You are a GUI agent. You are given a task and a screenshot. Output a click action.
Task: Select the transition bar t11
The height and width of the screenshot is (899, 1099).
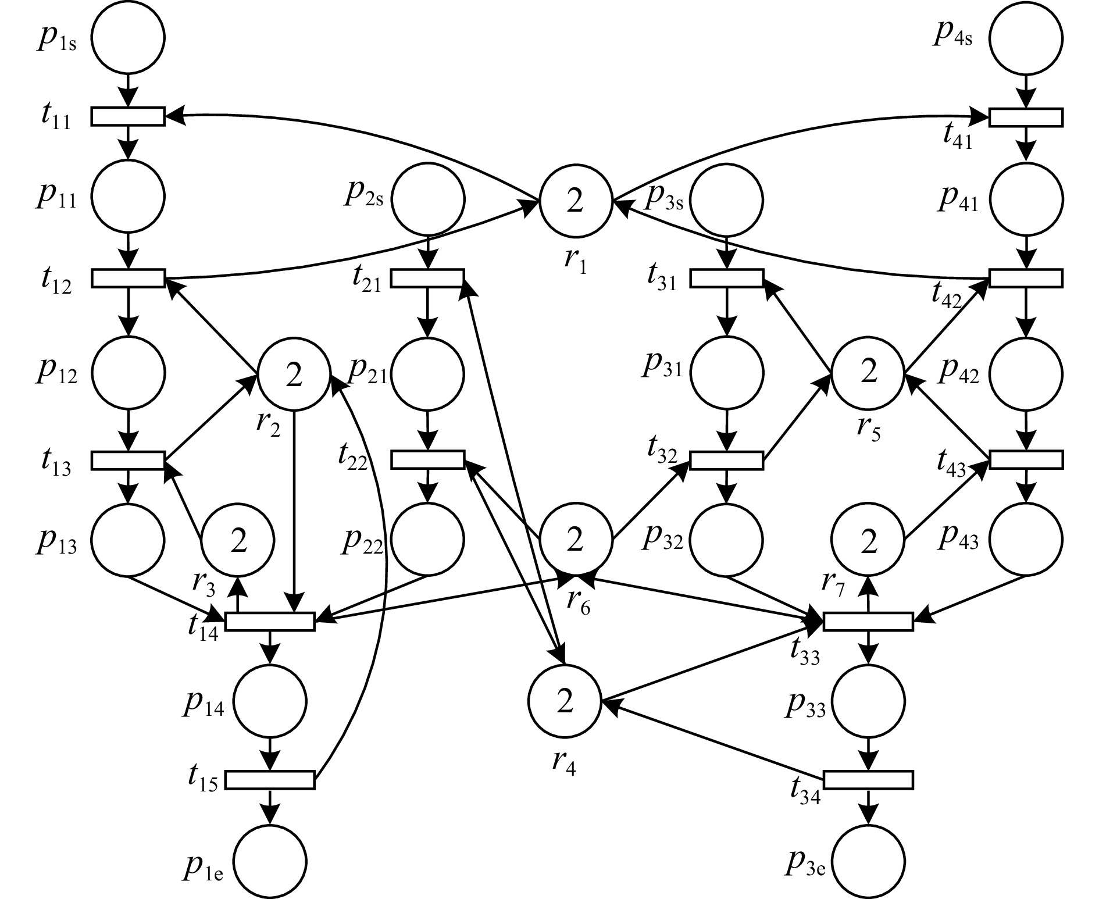pos(128,116)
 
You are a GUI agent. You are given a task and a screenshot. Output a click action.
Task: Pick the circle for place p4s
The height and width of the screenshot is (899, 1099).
pos(1026,38)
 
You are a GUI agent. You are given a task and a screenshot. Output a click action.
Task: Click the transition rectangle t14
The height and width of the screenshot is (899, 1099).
pos(270,622)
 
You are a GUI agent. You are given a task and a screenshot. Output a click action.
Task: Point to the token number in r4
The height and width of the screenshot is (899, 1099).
pos(565,701)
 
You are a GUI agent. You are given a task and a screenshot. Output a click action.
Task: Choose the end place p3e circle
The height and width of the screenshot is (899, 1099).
pos(869,861)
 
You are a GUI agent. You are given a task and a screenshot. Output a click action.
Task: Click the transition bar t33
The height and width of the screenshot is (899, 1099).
pos(869,622)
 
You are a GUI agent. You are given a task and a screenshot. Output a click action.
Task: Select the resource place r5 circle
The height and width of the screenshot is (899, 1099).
pos(868,372)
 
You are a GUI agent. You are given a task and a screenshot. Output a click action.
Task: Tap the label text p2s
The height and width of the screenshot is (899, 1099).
pos(363,195)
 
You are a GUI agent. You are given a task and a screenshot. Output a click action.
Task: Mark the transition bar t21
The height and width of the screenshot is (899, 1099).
pos(427,278)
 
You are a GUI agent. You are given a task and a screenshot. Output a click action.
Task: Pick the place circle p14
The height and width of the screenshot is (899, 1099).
pos(270,701)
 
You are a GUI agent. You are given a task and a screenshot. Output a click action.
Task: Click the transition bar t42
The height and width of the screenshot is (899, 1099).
pos(1026,278)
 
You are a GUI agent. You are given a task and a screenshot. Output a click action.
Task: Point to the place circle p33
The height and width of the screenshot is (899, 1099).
pos(869,701)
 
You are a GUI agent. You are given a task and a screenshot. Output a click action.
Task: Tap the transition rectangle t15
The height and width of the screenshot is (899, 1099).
pos(270,780)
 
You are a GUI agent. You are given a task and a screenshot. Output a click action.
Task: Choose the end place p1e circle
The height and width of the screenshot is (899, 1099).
pos(270,861)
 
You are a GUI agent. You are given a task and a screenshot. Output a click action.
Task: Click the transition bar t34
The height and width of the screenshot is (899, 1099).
pos(869,780)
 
